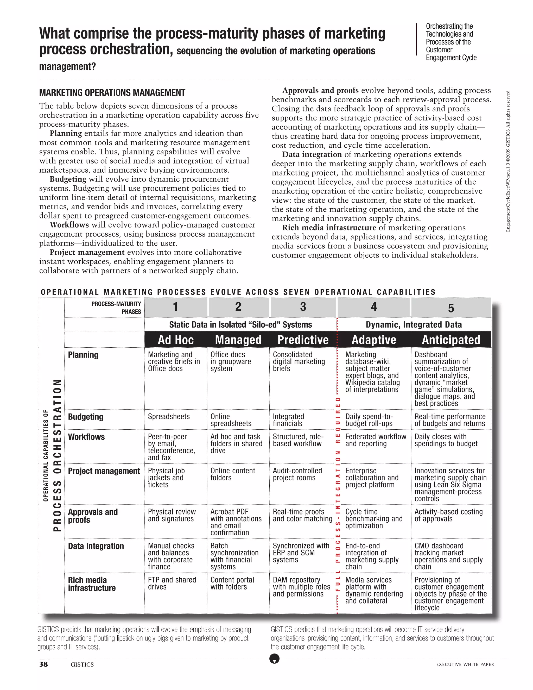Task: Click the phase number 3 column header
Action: tap(303, 307)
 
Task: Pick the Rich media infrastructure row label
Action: tap(92, 584)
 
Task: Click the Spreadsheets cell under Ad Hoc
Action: tap(169, 417)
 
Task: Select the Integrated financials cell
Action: tap(288, 420)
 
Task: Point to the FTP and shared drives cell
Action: tap(172, 583)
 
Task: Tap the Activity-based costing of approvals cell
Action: tap(448, 515)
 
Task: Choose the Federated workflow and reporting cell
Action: tap(376, 440)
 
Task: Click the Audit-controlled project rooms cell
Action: tap(297, 474)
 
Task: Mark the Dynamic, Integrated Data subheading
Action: tap(414, 325)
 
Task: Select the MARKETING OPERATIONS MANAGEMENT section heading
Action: tap(112, 93)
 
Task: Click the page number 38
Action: tap(43, 664)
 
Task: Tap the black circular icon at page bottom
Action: tap(274, 659)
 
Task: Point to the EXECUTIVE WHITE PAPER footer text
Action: tap(465, 664)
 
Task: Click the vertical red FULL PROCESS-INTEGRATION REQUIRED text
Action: tap(338, 496)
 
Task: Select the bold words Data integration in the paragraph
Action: tap(312, 154)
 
